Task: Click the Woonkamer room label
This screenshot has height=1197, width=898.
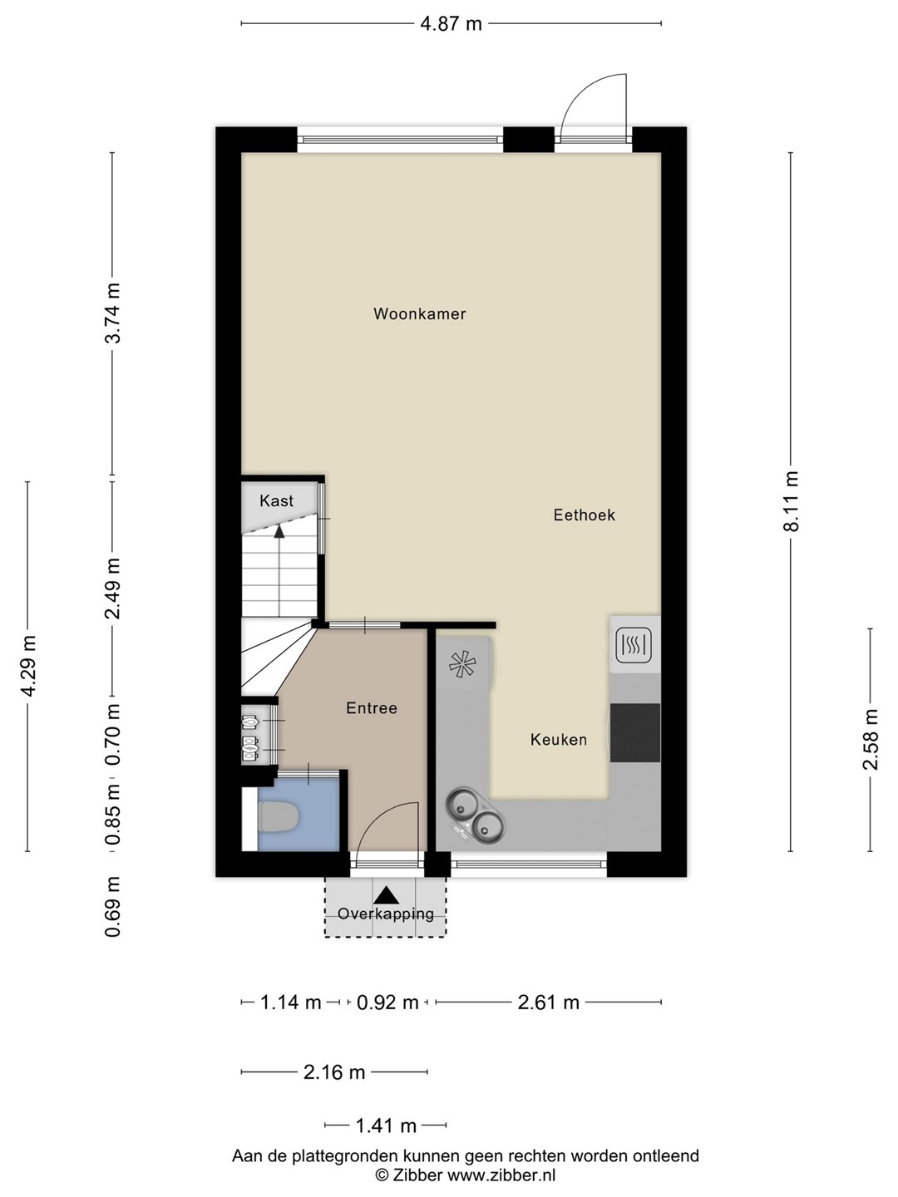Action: [x=419, y=313]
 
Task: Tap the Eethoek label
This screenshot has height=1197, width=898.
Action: [x=584, y=515]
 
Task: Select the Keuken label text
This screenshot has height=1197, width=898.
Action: [x=558, y=740]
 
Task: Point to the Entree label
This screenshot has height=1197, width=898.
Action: [x=372, y=708]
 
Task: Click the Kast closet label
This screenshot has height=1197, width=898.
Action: [x=276, y=500]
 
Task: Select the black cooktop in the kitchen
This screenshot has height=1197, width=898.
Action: [x=634, y=732]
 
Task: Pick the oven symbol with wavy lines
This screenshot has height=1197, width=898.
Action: [x=634, y=645]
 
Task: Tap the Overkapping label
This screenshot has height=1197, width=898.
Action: [x=386, y=914]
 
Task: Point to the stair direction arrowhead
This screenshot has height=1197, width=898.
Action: [x=279, y=530]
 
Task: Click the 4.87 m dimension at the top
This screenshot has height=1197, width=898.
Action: [x=451, y=24]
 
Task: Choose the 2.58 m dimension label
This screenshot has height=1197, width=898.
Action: [x=871, y=739]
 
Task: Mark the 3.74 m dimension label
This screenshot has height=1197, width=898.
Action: [x=112, y=313]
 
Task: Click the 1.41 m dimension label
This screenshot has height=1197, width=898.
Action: [x=386, y=1125]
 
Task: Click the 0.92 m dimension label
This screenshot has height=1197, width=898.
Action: [x=387, y=1002]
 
